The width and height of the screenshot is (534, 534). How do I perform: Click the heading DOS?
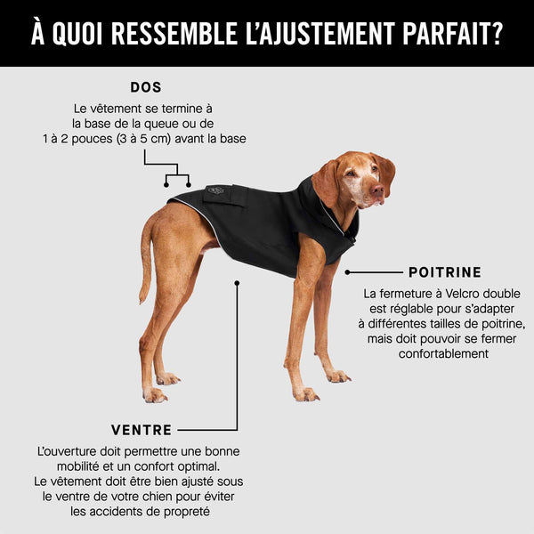click(x=146, y=87)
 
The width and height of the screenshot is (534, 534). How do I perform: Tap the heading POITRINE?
click(x=444, y=272)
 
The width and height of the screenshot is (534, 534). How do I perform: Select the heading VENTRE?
click(x=142, y=430)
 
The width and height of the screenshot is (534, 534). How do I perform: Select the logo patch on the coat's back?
click(x=215, y=190)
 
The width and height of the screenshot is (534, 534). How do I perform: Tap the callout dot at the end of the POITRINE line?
click(x=348, y=272)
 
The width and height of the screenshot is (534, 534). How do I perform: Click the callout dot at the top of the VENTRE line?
click(x=237, y=283)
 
